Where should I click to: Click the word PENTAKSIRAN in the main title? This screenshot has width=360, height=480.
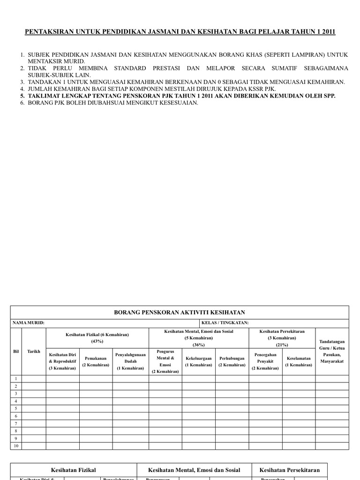[x=46, y=32]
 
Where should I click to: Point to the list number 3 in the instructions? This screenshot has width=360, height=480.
[x=22, y=82]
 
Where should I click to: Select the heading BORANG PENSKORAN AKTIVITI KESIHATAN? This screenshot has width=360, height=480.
[x=180, y=312]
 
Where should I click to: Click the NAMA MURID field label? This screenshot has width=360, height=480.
[x=29, y=323]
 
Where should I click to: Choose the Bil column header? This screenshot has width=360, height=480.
[x=16, y=351]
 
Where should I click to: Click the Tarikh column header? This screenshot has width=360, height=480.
[x=34, y=351]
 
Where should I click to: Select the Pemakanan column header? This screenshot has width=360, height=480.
[x=96, y=361]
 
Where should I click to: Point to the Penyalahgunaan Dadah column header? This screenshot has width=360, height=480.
[x=130, y=361]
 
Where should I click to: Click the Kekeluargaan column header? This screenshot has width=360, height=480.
[x=198, y=361]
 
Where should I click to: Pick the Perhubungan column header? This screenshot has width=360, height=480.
[x=232, y=361]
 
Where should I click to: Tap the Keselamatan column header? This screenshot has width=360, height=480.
[x=299, y=361]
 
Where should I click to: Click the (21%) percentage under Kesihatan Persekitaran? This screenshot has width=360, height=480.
[x=282, y=345]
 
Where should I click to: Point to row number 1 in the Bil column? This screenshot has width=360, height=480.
[x=16, y=379]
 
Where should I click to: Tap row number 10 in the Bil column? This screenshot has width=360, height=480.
[x=16, y=446]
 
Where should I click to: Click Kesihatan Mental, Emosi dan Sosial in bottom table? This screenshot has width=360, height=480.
[x=194, y=470]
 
